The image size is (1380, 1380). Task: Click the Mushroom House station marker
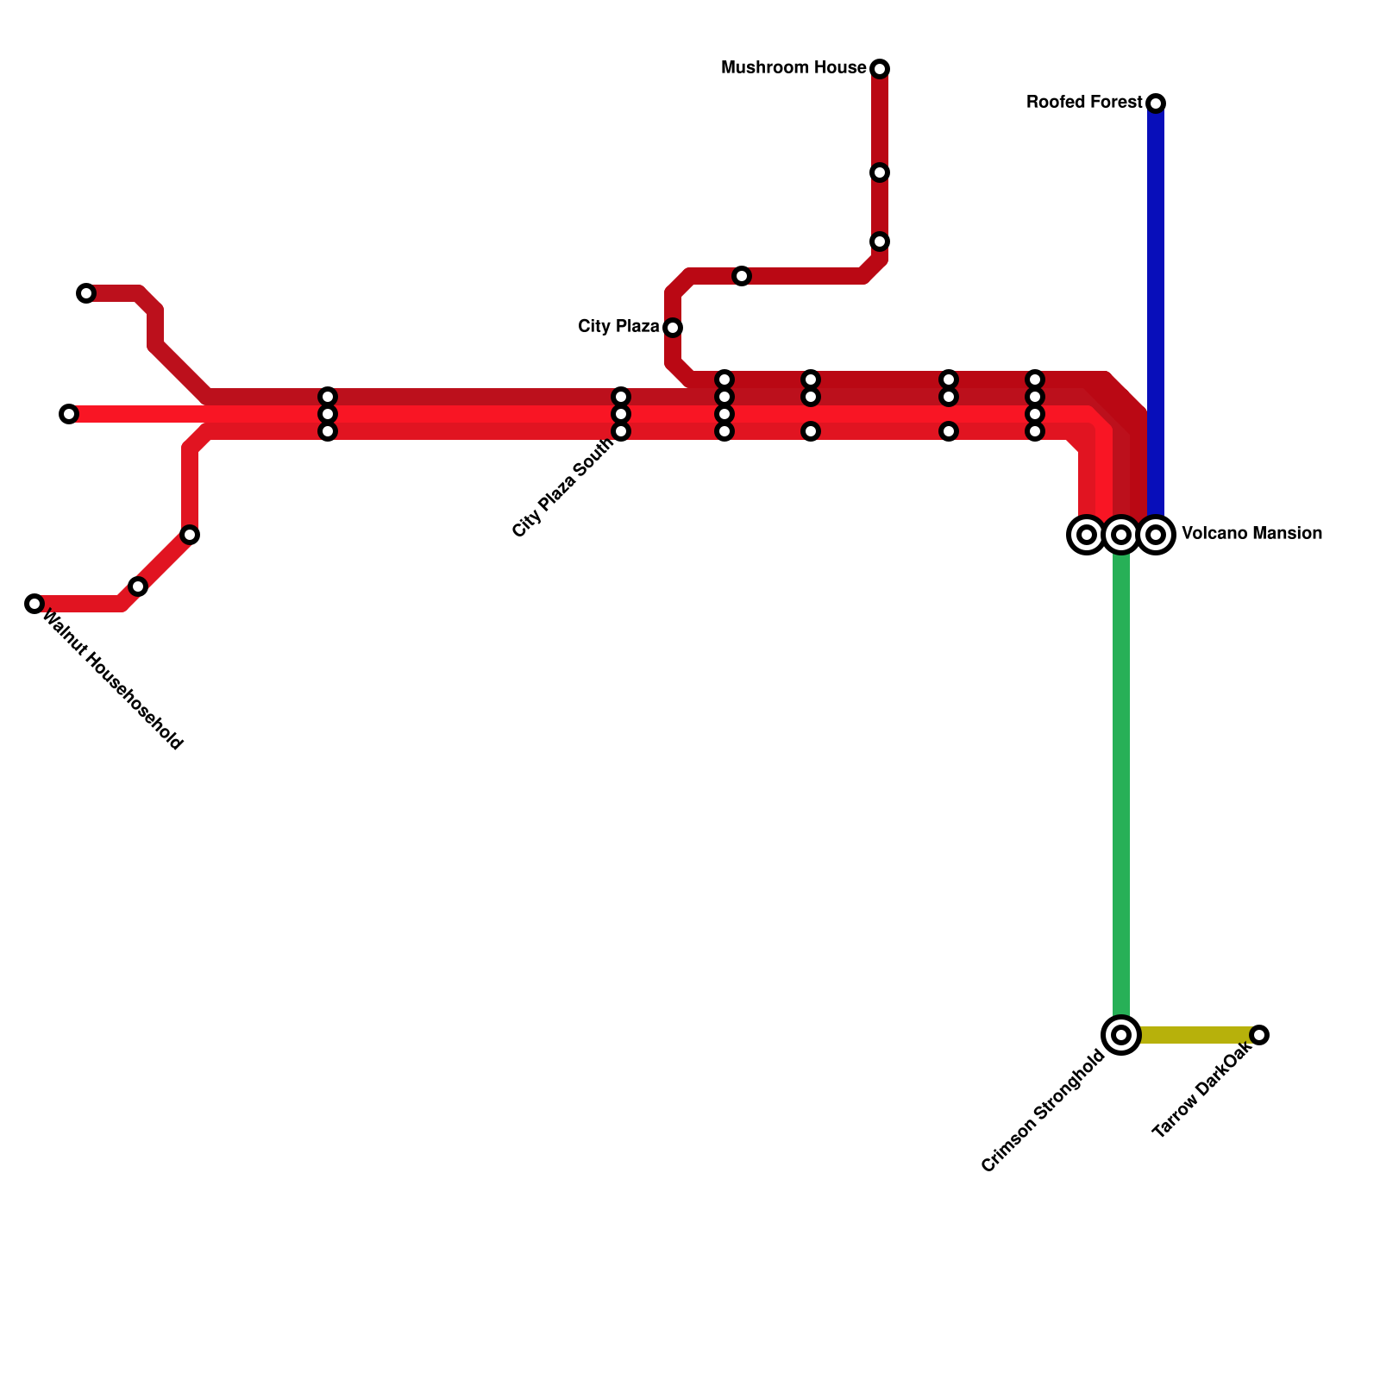click(x=880, y=69)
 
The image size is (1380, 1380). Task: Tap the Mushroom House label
click(x=793, y=68)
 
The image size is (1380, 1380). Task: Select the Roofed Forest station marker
click(x=1156, y=103)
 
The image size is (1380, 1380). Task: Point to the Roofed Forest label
click(x=1084, y=103)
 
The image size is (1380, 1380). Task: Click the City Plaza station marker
click(x=673, y=328)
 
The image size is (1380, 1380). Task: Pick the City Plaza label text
click(x=618, y=327)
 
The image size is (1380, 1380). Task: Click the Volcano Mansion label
click(x=1251, y=534)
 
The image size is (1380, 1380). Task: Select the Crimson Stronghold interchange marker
click(x=1121, y=1035)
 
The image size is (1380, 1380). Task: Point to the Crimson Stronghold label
click(x=1044, y=1111)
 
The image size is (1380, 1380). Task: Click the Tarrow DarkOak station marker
click(x=1259, y=1035)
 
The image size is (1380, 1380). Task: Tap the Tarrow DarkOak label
click(x=1201, y=1090)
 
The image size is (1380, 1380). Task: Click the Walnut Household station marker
click(x=34, y=604)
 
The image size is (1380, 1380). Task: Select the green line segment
click(x=1121, y=776)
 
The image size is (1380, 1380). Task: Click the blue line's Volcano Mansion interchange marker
click(x=1156, y=535)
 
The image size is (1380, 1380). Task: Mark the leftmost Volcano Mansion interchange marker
click(x=1087, y=535)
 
